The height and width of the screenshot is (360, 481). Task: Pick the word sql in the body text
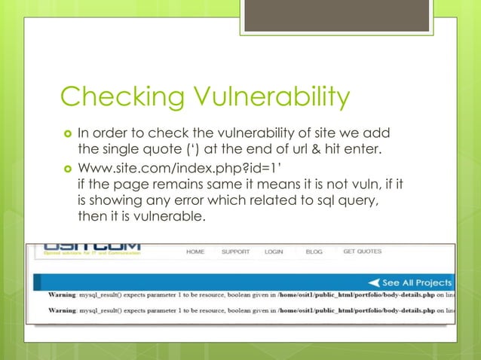[x=303, y=200]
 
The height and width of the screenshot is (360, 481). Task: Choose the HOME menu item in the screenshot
[x=195, y=252]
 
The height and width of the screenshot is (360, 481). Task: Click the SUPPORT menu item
[x=236, y=252]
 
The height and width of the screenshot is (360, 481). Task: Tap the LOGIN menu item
[x=274, y=252]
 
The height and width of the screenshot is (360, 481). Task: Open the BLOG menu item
[x=314, y=252]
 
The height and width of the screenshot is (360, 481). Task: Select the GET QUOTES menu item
[x=363, y=252]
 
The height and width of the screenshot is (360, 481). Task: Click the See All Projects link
[x=417, y=282]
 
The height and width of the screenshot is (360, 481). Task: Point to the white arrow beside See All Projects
[x=375, y=282]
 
